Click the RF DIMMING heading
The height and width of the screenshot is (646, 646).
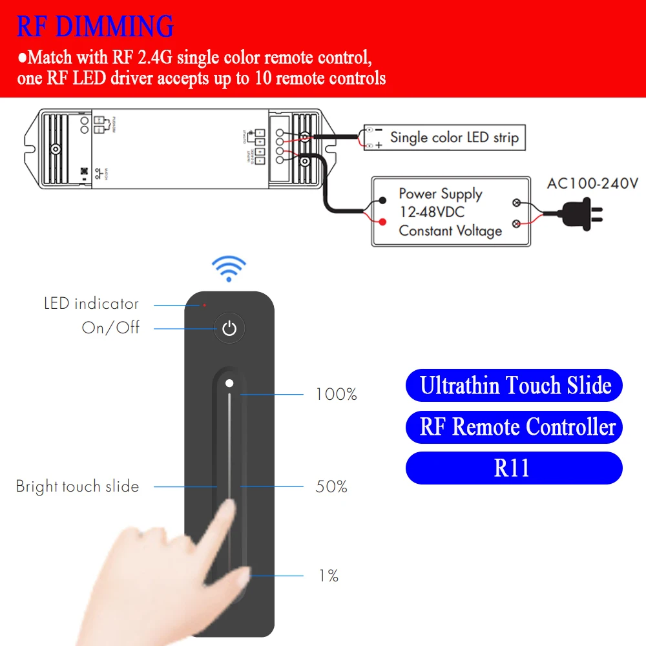point(95,26)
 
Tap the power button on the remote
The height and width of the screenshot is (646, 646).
point(229,329)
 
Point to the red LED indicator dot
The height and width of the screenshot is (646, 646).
point(205,304)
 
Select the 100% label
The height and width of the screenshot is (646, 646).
point(336,394)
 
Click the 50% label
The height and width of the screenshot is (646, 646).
point(331,486)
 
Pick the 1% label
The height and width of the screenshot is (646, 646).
point(329,576)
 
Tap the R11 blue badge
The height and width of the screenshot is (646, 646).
point(514,468)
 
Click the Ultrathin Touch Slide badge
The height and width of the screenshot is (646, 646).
point(514,386)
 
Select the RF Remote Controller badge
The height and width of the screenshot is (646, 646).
point(514,427)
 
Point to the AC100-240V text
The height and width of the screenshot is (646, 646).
point(592,183)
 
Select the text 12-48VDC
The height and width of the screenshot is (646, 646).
point(432,212)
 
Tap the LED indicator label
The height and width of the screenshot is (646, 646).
point(91,304)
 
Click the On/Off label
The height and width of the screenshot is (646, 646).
point(110,328)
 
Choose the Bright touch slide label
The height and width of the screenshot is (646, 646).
point(78,486)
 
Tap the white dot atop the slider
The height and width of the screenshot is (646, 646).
point(229,383)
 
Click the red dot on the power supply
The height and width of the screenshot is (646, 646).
point(383,222)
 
